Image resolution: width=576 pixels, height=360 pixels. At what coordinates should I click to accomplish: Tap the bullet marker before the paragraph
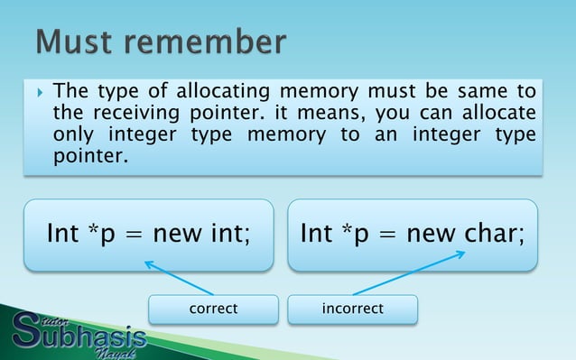(x=37, y=92)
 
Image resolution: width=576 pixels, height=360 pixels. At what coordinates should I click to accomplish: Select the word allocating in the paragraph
(x=220, y=91)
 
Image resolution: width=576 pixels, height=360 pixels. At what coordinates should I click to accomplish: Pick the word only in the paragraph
(x=71, y=135)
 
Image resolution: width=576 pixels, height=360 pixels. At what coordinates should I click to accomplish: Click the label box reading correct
(x=213, y=309)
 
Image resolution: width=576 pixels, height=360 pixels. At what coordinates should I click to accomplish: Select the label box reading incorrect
(x=352, y=309)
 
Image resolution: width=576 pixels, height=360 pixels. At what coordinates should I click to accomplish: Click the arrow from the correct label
(x=178, y=277)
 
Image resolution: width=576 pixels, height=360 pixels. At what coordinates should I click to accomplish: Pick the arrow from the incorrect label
(x=409, y=272)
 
